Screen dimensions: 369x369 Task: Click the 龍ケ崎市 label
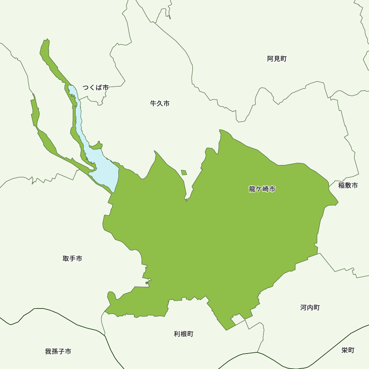[x=262, y=189]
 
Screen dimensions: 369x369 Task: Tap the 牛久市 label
[x=160, y=104]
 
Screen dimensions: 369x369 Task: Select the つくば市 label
[x=95, y=88]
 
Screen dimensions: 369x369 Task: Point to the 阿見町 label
[x=277, y=59]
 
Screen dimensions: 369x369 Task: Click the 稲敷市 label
[x=348, y=186]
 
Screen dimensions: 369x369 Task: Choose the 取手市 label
[x=72, y=259]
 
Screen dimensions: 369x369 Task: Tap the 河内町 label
[x=310, y=308]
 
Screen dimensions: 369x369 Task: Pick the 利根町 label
[x=183, y=334]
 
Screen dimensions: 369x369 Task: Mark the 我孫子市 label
[x=58, y=352]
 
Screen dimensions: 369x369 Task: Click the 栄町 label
[x=348, y=350]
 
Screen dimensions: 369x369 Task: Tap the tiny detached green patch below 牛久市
[x=184, y=172]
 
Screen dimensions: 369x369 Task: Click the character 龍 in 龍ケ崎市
[x=252, y=189]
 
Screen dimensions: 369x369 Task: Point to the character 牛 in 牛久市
[x=154, y=104]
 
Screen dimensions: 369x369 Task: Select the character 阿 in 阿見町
[x=270, y=59]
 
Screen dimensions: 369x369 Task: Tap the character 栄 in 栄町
[x=345, y=350]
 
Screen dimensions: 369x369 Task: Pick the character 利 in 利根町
[x=177, y=334]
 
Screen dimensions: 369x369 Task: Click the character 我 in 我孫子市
[x=48, y=352]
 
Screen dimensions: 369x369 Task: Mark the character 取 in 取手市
[x=66, y=259]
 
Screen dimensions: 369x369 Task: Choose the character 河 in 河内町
[x=304, y=308]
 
